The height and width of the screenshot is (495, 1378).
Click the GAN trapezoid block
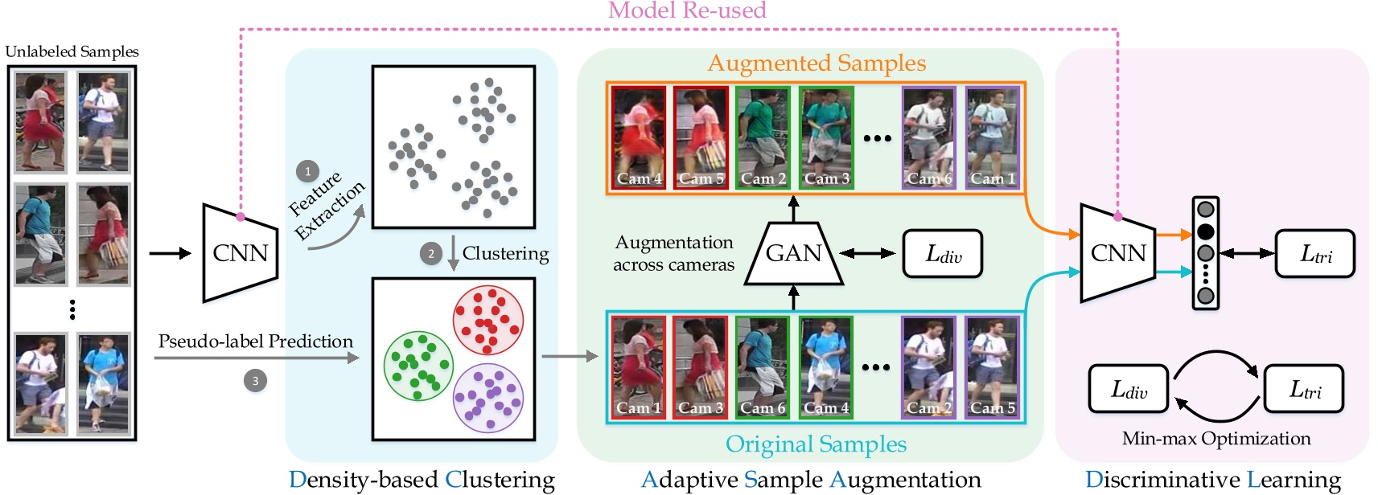tap(794, 254)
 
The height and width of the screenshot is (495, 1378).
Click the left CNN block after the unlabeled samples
tap(240, 253)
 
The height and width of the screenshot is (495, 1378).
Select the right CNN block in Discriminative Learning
tap(1117, 253)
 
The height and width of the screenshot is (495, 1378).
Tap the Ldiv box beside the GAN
tap(943, 255)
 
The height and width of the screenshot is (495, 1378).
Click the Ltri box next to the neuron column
tap(1314, 255)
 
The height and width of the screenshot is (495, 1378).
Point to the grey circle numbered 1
tap(307, 171)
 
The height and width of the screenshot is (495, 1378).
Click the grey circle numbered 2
tap(431, 254)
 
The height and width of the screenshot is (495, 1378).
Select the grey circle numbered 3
tap(255, 381)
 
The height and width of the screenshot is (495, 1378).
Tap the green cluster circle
tap(418, 366)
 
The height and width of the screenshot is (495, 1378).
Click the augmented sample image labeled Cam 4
tap(639, 138)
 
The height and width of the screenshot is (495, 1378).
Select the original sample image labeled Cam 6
tap(763, 367)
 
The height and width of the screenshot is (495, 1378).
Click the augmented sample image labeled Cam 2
tap(763, 138)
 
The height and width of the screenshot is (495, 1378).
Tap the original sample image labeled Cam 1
tap(638, 367)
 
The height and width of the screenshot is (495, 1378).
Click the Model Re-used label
tap(687, 10)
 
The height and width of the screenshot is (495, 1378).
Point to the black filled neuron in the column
tap(1205, 232)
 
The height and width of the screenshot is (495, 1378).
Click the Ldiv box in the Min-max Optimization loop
tap(1128, 390)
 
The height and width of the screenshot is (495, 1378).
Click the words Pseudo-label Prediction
tap(255, 342)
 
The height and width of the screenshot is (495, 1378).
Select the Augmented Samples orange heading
tap(816, 63)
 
